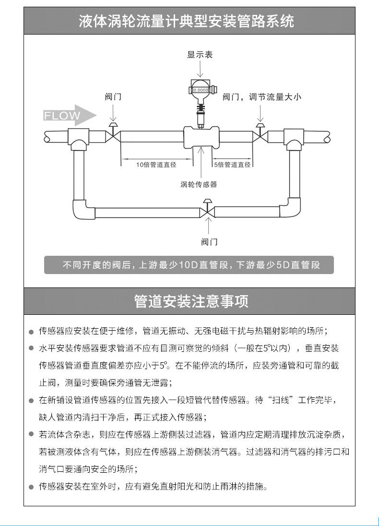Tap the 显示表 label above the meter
pyautogui.click(x=200, y=55)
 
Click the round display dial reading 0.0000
pyautogui.click(x=200, y=89)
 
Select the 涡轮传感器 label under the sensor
pyautogui.click(x=199, y=184)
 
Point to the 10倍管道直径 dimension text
pyautogui.click(x=156, y=165)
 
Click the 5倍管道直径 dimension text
pyautogui.click(x=232, y=165)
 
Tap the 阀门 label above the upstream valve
pyautogui.click(x=113, y=97)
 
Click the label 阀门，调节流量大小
pyautogui.click(x=262, y=97)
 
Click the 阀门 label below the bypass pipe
pyautogui.click(x=209, y=241)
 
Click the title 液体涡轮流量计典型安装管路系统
pyautogui.click(x=189, y=21)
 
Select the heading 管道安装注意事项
pyautogui.click(x=189, y=301)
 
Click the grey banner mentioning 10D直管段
pyautogui.click(x=189, y=265)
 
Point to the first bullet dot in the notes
pyautogui.click(x=31, y=332)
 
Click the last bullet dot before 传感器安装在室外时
pyautogui.click(x=31, y=487)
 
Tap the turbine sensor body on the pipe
pyautogui.click(x=201, y=136)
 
